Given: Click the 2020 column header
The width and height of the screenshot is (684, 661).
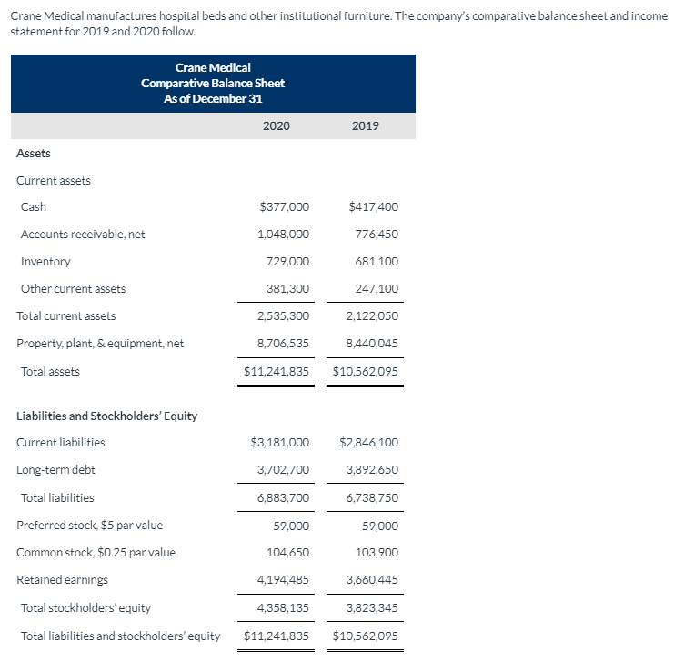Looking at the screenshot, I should pos(276,125).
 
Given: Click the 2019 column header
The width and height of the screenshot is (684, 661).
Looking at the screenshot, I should pos(365,125).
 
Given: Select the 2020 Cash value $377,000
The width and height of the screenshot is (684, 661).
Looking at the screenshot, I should pos(284,207).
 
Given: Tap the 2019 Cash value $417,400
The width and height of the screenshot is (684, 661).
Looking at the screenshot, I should pos(373,207).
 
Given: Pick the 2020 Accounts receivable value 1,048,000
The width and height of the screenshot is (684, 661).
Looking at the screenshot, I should pos(283,235).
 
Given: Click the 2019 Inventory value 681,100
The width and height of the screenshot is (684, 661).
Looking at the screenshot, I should pos(376,262).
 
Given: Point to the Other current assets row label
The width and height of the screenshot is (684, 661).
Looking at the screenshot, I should pos(74,289).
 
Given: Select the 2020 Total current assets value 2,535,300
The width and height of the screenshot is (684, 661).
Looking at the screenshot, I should pos(283,316).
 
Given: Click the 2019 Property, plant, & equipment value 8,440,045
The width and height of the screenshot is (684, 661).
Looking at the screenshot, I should pos(372,344).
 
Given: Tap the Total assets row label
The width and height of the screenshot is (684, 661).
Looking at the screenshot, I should pos(50,371).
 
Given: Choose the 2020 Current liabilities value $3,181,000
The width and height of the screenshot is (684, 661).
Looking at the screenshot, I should pos(279,443).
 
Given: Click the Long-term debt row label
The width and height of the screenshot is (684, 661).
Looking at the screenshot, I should pos(55,470).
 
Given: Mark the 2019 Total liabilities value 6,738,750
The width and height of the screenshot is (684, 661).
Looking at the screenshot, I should pos(372,498).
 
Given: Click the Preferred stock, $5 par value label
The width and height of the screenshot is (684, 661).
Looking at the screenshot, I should pos(90,526).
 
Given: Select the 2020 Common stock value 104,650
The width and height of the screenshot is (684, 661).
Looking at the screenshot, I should pos(290,553).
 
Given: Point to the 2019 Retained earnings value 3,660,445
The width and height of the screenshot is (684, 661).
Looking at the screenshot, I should pos(372,580).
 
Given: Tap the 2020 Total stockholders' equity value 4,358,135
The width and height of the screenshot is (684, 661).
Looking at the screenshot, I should pos(283,608).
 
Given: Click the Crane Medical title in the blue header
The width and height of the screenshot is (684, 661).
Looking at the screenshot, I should pos(213,68).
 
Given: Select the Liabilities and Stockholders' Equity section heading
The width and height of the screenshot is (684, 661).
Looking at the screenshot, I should pos(107,416).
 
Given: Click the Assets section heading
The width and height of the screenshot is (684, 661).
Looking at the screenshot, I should pos(34,154).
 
